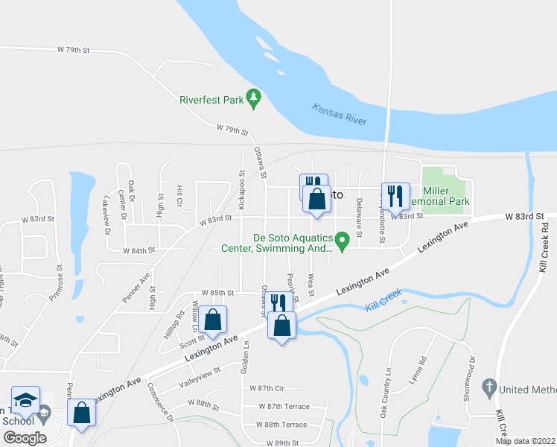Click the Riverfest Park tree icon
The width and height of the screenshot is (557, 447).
[254, 98]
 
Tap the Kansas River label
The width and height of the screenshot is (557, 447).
[340, 113]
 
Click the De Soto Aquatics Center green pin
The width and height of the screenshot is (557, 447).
[342, 241]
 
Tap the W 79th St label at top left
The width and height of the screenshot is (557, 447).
[73, 50]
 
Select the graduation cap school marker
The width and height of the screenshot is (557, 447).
[26, 401]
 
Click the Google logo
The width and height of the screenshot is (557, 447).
[25, 437]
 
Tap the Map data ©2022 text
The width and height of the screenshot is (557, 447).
[526, 441]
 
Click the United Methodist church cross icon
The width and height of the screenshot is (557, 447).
[488, 387]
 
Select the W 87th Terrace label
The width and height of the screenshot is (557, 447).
[284, 406]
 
